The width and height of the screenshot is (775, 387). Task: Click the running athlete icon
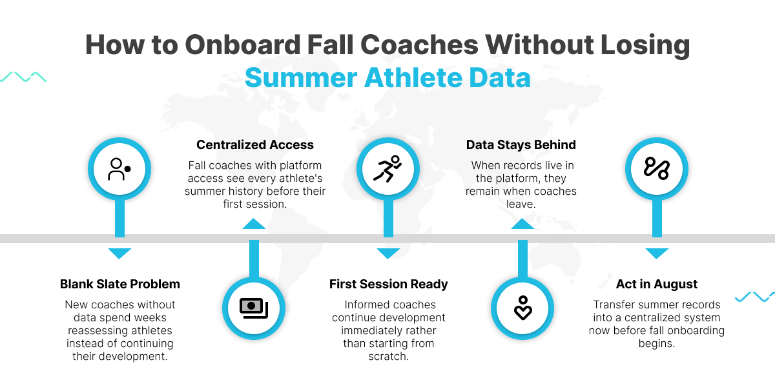(x=387, y=168)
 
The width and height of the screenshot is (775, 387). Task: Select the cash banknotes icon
(x=254, y=308)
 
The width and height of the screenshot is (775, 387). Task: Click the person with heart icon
(x=522, y=308)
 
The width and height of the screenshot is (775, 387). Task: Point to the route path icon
(x=656, y=168)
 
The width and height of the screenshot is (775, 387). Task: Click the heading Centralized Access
(x=255, y=144)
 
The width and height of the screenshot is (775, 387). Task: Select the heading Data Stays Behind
(x=521, y=144)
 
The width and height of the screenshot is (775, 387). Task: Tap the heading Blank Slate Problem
(x=119, y=284)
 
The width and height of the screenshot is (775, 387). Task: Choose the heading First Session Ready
(x=389, y=284)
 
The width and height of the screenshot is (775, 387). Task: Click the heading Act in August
(x=657, y=284)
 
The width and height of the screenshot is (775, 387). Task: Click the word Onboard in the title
(x=243, y=45)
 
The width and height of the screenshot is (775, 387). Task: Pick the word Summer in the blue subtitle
(x=301, y=78)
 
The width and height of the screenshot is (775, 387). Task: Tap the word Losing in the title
(x=645, y=46)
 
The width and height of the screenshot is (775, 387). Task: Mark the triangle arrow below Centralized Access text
(x=254, y=224)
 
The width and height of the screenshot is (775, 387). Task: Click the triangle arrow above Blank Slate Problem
(x=119, y=253)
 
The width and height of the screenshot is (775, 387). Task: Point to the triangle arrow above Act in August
(x=657, y=253)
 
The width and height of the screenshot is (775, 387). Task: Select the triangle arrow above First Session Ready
(x=388, y=253)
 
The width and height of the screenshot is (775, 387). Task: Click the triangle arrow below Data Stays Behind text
(x=522, y=224)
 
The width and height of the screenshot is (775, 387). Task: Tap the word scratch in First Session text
(x=389, y=356)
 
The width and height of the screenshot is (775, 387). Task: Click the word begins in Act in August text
(x=657, y=344)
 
